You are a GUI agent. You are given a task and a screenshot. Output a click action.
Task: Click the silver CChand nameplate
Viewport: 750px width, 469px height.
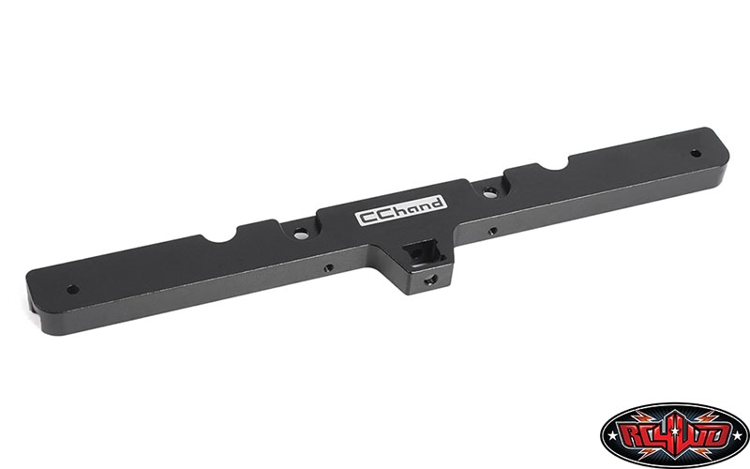pyautogui.click(x=401, y=210)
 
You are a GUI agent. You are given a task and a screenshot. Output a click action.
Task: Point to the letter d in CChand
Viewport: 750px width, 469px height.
pyautogui.click(x=436, y=203)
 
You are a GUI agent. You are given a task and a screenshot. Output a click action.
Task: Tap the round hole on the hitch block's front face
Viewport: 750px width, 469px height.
pyautogui.click(x=430, y=279)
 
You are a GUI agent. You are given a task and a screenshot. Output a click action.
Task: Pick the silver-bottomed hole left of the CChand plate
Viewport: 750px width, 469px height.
pyautogui.click(x=301, y=234)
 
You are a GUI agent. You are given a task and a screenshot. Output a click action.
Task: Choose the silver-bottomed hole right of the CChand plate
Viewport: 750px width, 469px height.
pyautogui.click(x=489, y=193)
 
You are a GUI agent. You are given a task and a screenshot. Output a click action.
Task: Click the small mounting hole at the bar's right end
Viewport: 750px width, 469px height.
pyautogui.click(x=696, y=154)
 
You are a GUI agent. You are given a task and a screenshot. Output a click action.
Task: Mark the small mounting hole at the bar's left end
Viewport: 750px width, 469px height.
pyautogui.click(x=73, y=290)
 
